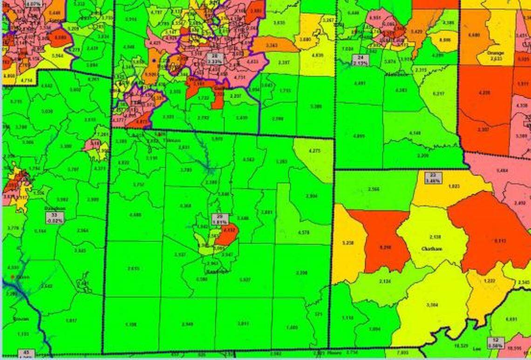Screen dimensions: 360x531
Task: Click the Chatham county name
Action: click(x=432, y=249)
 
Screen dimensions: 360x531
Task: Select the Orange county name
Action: click(x=496, y=53)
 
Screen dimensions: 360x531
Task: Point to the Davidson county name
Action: click(x=54, y=209)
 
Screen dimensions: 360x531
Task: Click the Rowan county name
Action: click(x=21, y=319)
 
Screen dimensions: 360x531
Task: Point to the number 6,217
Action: click(x=438, y=94)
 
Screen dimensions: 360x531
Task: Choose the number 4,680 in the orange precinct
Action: click(x=474, y=34)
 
